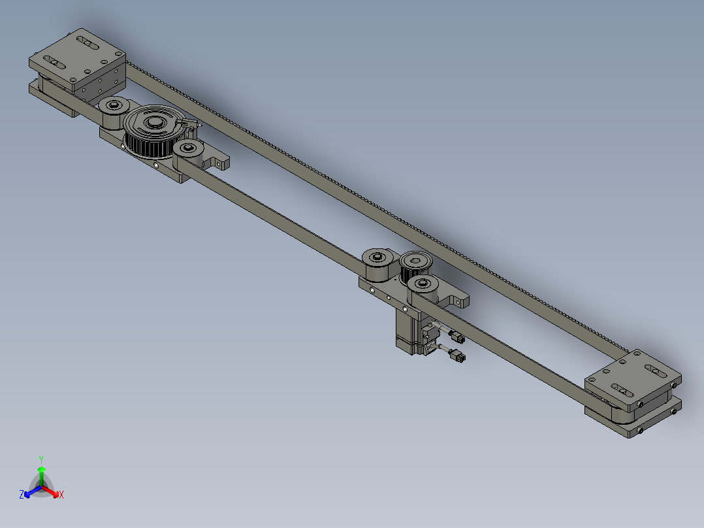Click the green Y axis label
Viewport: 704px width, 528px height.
click(x=40, y=459)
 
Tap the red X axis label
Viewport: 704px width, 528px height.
click(x=61, y=495)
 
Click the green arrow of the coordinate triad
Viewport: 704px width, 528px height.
click(x=40, y=473)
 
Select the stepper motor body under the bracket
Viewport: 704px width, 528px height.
click(x=408, y=331)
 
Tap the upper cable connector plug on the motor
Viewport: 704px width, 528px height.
click(x=456, y=338)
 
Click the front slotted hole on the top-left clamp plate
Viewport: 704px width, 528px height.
click(x=57, y=64)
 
